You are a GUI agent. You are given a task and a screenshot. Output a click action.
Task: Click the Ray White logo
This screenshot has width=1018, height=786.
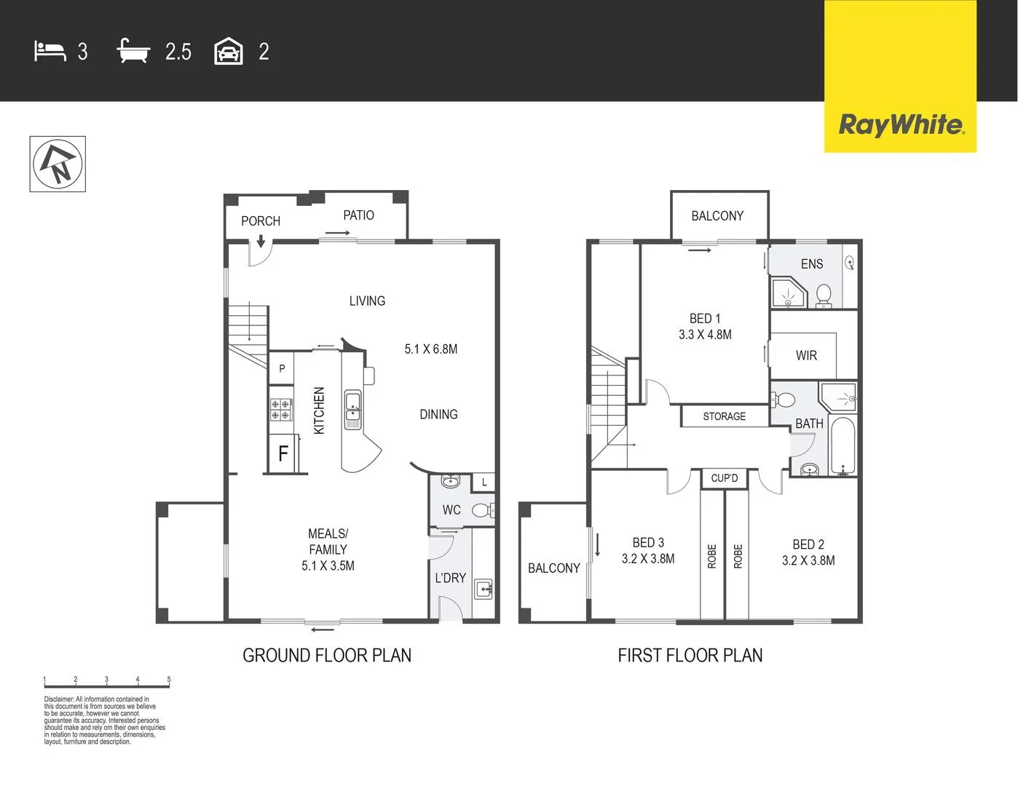[x=900, y=124]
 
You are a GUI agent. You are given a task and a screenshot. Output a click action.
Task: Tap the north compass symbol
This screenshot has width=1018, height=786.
[x=58, y=164]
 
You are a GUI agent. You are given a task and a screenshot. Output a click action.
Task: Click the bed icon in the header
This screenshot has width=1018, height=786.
[x=50, y=52]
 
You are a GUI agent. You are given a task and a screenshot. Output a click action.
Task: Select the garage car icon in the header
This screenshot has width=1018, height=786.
[x=228, y=52]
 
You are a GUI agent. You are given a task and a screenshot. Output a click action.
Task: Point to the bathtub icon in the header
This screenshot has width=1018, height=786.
[x=133, y=51]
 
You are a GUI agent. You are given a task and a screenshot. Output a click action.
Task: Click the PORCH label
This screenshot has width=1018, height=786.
[x=260, y=221]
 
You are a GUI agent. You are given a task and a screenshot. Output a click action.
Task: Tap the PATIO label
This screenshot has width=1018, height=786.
[x=358, y=215]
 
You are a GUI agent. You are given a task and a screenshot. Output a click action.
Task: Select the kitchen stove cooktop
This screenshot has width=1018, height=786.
[x=281, y=410]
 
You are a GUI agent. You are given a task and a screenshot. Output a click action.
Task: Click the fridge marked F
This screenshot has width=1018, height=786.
[x=283, y=453]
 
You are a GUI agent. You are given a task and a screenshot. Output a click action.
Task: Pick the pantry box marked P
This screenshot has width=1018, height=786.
[x=282, y=369]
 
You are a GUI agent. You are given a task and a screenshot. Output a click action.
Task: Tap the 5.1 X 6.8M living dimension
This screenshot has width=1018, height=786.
[x=431, y=349]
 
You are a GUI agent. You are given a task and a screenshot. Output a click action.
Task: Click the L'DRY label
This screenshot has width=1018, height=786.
[x=450, y=578]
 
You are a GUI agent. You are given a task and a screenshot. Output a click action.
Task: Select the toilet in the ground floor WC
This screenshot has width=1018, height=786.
[x=482, y=510]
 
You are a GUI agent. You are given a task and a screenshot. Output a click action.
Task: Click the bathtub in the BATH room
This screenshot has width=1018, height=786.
[x=843, y=446]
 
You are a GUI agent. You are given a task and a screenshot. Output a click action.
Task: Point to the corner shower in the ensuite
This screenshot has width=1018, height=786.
[x=788, y=293]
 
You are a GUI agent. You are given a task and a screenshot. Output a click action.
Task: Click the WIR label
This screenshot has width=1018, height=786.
[x=806, y=356]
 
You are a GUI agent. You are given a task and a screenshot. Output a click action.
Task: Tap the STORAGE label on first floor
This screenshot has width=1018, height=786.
[x=724, y=416]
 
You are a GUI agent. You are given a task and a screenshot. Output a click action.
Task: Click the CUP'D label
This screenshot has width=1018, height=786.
[x=724, y=478]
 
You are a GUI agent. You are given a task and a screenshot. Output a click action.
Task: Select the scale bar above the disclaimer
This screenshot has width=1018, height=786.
[x=107, y=684]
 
